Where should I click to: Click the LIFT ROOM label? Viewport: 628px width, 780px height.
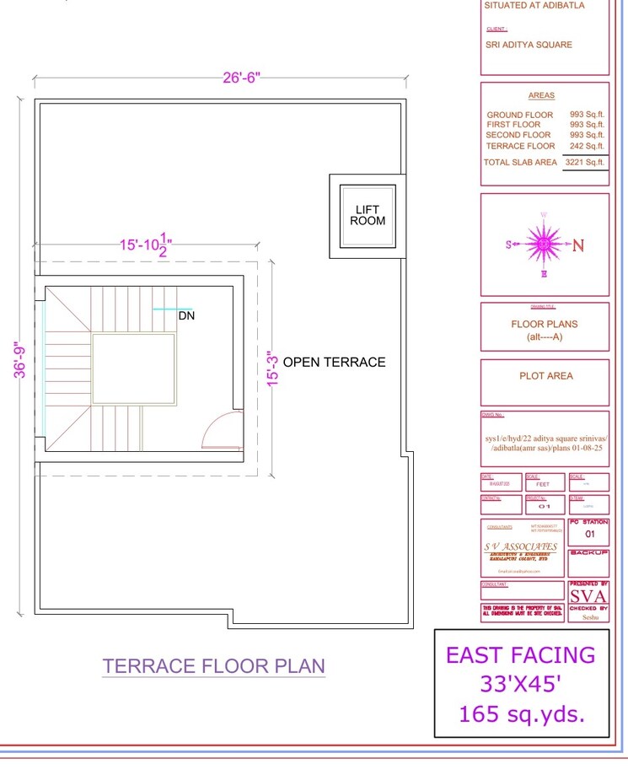click(x=368, y=215)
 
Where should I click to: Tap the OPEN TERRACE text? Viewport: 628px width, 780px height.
click(x=334, y=363)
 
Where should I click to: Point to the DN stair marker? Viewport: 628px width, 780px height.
click(x=186, y=316)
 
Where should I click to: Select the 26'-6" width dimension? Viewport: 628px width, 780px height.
click(x=242, y=78)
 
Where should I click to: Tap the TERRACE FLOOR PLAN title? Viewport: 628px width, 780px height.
click(x=213, y=666)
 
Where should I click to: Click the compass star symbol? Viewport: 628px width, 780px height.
click(x=544, y=245)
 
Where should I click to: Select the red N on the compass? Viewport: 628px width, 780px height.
click(x=578, y=245)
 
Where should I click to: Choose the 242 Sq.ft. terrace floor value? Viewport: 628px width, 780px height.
click(x=587, y=146)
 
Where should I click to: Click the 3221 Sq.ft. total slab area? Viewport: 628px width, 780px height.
click(x=584, y=162)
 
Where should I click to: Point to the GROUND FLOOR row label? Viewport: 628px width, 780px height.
click(x=520, y=115)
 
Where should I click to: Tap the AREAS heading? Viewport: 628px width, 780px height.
click(x=541, y=96)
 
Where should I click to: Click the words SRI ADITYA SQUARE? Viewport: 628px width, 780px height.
click(x=529, y=45)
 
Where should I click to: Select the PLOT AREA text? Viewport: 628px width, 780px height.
click(x=545, y=376)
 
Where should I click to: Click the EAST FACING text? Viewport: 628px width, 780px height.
click(x=520, y=655)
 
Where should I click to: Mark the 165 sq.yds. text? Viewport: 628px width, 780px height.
click(x=521, y=714)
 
